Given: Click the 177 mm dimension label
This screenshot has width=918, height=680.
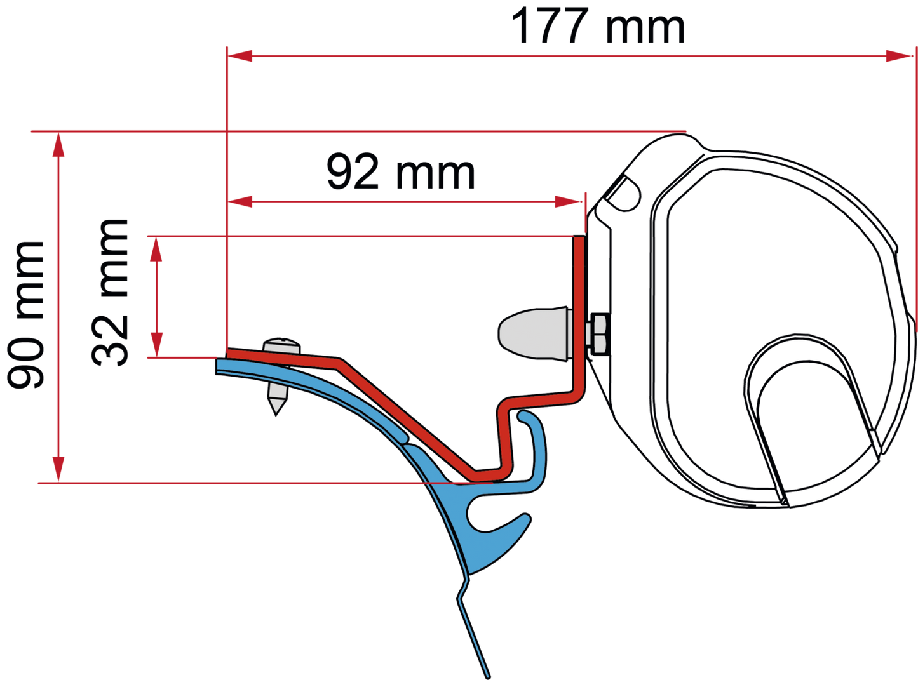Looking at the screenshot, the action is point(598,25).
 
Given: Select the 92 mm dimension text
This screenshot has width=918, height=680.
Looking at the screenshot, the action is point(401,171).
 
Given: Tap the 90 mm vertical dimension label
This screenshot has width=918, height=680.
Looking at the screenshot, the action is point(25,315).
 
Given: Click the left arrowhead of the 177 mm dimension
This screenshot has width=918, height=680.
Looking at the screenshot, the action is point(240,56).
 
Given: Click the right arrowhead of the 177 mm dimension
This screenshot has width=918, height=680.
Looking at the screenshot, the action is point(898,56).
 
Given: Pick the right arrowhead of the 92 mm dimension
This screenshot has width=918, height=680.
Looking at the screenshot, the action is point(567,202).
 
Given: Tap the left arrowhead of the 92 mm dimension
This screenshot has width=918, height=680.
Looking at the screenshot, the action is point(240,202).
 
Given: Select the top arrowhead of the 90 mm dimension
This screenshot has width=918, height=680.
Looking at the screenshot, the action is point(58,145).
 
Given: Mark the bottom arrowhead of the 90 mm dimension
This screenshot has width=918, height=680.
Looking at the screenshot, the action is point(58,469).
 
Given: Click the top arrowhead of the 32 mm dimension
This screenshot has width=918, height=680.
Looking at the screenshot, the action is point(156,250).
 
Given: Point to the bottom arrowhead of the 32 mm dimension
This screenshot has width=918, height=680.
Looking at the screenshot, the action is point(156,345).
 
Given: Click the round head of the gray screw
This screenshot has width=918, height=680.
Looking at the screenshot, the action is point(282,345).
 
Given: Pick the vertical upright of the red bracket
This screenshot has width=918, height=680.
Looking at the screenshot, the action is point(579,314).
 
